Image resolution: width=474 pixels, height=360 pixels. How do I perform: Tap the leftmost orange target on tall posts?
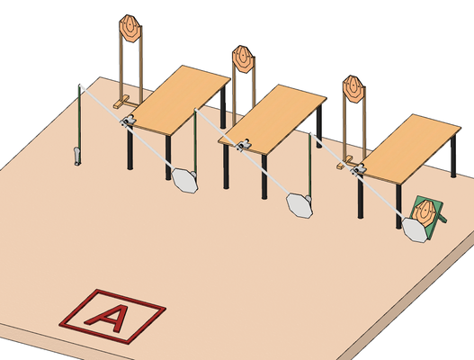[x=130, y=28]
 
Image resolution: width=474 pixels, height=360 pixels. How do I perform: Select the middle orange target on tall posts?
[x=243, y=59]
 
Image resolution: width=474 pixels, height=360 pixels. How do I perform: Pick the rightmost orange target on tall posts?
[x=353, y=89]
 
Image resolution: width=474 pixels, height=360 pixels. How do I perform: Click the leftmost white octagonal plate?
[x=184, y=180]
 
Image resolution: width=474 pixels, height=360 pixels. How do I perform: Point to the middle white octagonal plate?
[x=300, y=205]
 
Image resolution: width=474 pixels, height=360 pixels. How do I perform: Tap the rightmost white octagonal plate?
[x=415, y=229]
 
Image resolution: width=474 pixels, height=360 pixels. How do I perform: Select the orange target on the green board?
[x=425, y=211]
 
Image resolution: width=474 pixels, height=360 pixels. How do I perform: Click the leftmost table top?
[x=178, y=99]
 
